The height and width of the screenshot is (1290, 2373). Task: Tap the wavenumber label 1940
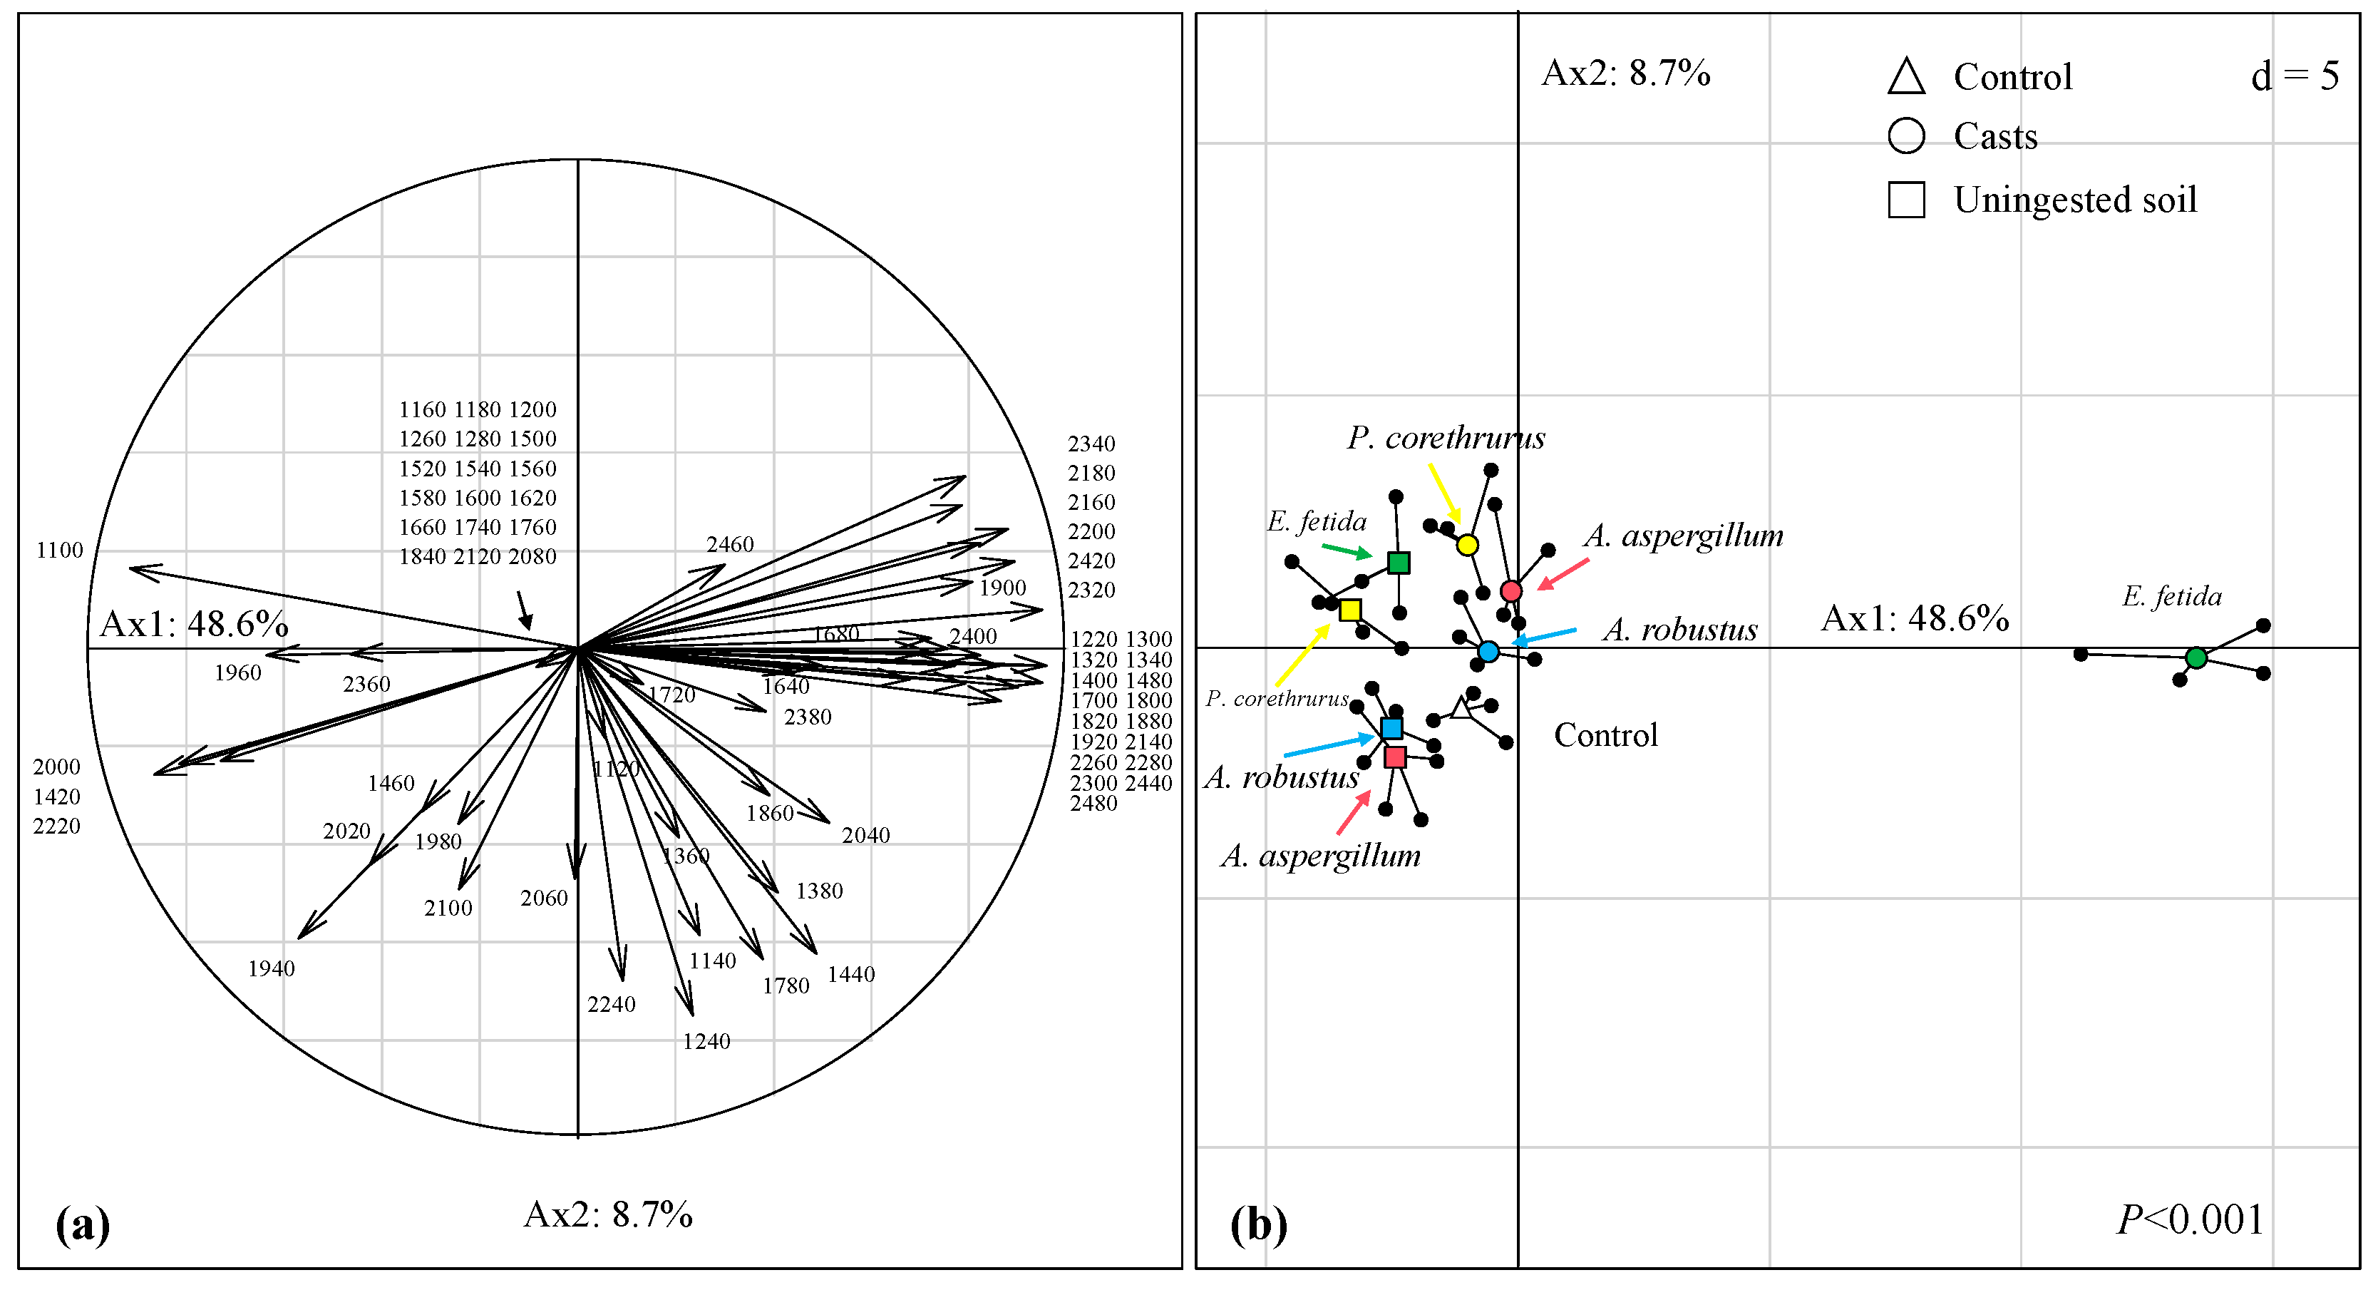271,968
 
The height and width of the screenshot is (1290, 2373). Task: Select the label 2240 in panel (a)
611,1004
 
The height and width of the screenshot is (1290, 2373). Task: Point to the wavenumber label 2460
730,545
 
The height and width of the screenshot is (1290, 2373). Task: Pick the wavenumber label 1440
850,975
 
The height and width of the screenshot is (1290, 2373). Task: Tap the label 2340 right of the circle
1091,444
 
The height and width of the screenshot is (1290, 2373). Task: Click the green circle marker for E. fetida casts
2196,658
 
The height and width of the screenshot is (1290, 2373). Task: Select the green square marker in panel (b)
1399,562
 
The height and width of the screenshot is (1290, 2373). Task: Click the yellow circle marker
1468,545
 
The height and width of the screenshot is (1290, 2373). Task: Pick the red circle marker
1510,590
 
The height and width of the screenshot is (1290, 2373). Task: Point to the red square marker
1396,757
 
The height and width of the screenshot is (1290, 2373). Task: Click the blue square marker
1392,729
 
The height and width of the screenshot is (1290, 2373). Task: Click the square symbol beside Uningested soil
1906,200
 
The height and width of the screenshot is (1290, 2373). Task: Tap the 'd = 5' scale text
2294,76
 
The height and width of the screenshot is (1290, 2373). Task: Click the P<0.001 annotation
2190,1219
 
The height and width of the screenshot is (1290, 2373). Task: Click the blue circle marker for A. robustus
1488,652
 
